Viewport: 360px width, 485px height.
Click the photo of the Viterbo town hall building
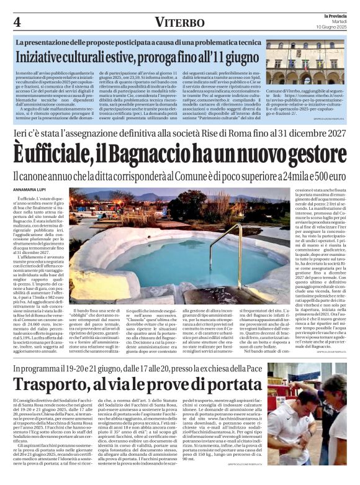pos(305,63)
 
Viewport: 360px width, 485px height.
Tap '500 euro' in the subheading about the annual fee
pos(326,176)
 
